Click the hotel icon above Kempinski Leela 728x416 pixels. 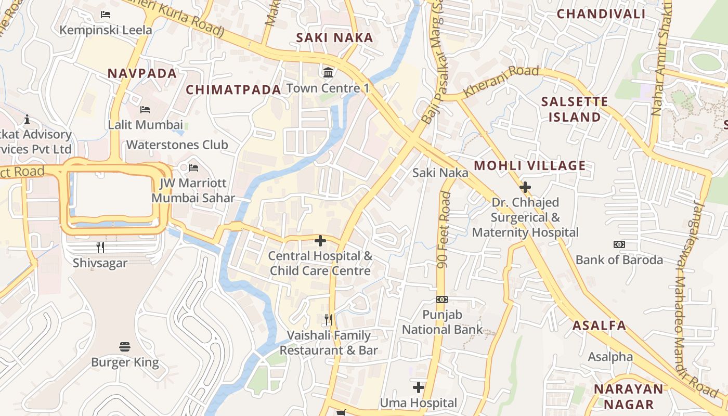coord(106,15)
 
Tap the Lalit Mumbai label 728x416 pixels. coord(145,125)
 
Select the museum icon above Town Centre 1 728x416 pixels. coord(328,72)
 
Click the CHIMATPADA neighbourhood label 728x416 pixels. coord(233,90)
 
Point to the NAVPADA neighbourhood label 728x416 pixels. coord(142,73)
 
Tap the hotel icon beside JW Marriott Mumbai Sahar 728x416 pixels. coord(193,167)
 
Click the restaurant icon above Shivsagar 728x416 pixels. coord(100,247)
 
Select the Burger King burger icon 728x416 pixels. coord(124,346)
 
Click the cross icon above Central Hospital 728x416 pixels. coord(320,240)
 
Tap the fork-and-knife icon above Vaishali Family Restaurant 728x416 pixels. coord(328,319)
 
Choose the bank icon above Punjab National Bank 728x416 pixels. coord(441,299)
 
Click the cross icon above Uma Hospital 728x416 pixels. coord(418,387)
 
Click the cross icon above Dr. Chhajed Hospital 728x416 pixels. coord(525,187)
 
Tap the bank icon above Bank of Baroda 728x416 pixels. coord(619,244)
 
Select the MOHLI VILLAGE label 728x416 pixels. coord(530,166)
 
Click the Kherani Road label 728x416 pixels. coord(501,81)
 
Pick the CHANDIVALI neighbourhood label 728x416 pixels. coord(601,14)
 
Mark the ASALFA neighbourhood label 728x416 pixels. coord(599,326)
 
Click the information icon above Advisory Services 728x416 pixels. coord(27,119)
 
